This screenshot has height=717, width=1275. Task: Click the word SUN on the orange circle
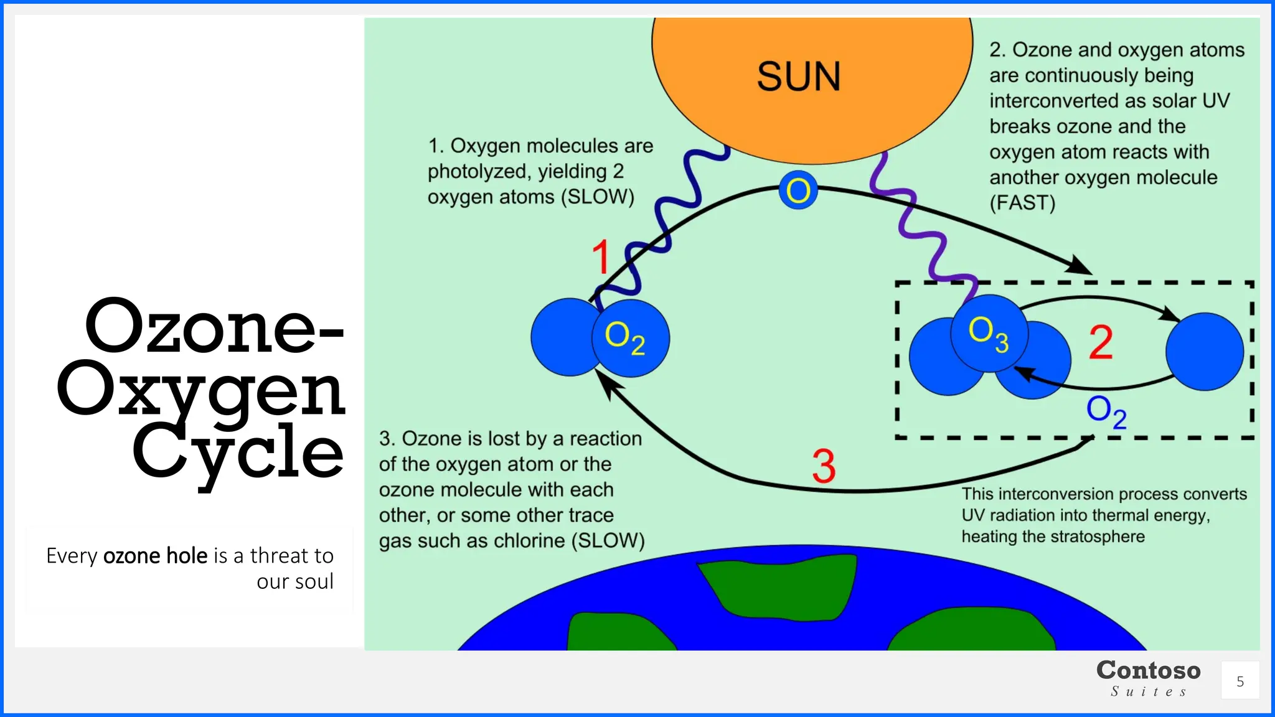[799, 77]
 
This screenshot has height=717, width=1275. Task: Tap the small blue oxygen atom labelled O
[798, 190]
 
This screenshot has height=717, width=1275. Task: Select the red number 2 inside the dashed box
[1101, 342]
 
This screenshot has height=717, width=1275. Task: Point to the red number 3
[824, 466]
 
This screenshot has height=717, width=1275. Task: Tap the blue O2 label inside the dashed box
[1106, 411]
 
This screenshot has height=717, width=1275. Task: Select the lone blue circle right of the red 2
[1205, 352]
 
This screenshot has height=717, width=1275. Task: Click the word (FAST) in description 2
[1022, 203]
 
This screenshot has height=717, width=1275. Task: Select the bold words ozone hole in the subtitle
[155, 555]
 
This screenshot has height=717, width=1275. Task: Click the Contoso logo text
[1149, 671]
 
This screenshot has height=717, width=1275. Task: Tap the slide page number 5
[1240, 682]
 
